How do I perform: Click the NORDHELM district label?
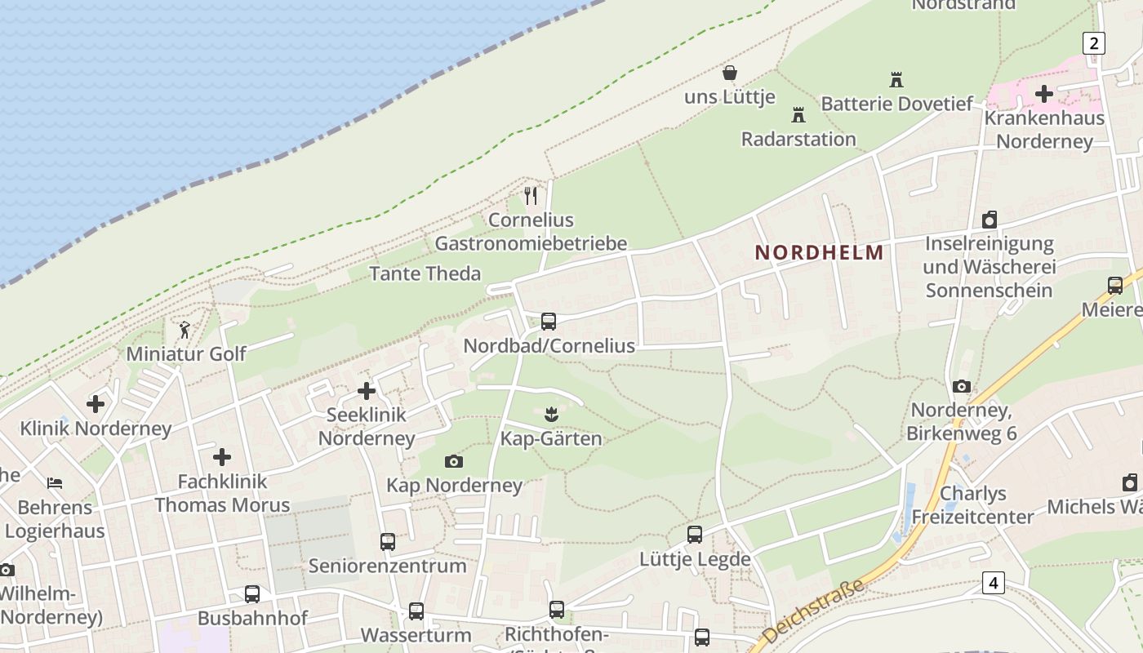point(819,252)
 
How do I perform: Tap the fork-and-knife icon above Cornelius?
point(531,196)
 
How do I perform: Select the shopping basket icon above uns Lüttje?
point(730,73)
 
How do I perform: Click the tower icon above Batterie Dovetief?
point(896,80)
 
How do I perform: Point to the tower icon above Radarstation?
point(798,115)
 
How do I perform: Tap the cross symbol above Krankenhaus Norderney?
point(1043,94)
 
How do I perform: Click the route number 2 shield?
point(1093,43)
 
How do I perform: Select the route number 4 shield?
point(993,583)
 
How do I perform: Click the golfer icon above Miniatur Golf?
point(185,330)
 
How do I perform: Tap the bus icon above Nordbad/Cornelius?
point(549,322)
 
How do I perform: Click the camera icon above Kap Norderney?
point(454,461)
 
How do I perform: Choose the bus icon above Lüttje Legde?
point(694,535)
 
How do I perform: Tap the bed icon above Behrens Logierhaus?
point(55,482)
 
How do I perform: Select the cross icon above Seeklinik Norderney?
point(367,391)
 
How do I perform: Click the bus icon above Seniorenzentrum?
point(387,541)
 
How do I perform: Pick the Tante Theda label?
point(425,273)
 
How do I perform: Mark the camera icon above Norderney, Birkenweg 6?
point(962,386)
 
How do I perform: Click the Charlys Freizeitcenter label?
point(972,505)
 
